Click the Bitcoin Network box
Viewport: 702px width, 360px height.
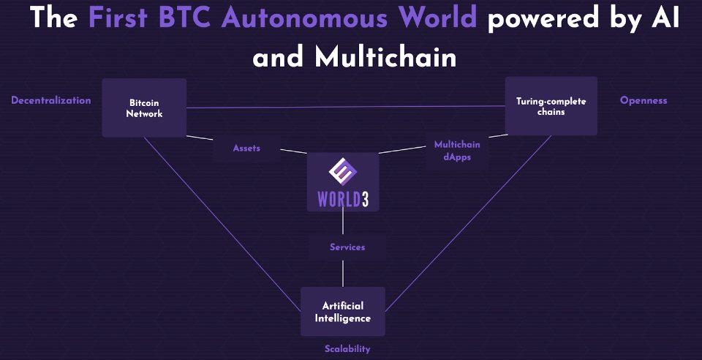point(144,108)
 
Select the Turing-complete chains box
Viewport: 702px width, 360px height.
point(551,106)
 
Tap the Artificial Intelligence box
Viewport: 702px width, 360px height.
point(343,312)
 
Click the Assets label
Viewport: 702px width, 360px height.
point(246,148)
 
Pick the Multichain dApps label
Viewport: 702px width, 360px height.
point(457,151)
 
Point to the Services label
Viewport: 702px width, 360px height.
point(347,247)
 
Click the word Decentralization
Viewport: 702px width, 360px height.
point(51,100)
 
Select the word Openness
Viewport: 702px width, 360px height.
point(643,100)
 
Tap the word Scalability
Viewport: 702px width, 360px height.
point(347,349)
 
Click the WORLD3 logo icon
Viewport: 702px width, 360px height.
point(343,174)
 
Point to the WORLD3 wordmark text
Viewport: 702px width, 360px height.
point(343,199)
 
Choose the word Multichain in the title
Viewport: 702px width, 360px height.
point(386,57)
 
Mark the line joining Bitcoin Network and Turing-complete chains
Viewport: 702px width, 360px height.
point(344,107)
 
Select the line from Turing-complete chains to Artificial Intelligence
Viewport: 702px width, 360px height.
point(468,220)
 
